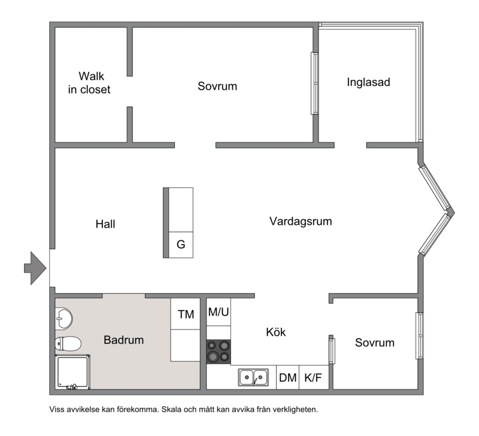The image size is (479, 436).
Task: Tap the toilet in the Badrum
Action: pos(68,344)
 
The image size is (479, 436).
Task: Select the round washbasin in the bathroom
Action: pos(64,319)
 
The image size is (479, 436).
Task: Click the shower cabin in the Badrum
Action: pos(72,372)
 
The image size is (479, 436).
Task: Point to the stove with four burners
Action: pos(219,352)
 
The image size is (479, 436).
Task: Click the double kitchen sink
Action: pos(253,377)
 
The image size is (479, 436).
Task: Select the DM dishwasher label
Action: pos(288,378)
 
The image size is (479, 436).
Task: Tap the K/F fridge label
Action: pos(313,378)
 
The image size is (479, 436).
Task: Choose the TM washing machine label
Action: pos(186,314)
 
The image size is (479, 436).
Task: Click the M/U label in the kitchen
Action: pos(219,312)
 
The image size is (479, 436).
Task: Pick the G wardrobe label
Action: pos(181,245)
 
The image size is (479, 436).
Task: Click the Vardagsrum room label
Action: pos(301,221)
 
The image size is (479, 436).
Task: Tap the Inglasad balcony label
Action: pos(368,82)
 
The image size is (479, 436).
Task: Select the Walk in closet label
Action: pos(89,83)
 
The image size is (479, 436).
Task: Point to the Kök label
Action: pos(276,332)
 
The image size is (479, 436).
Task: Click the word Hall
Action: pos(105,224)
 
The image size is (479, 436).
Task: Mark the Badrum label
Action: pos(124,340)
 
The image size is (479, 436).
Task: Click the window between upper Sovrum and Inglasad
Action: pos(315,83)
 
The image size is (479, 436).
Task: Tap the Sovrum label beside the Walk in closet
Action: pos(217,86)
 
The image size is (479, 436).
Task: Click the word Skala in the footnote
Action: pos(171,410)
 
